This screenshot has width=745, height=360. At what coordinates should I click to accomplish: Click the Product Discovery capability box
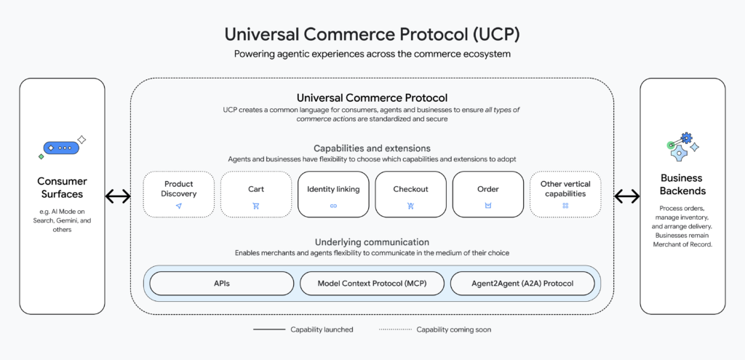pyautogui.click(x=178, y=194)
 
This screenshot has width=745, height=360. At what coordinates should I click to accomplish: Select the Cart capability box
pyautogui.click(x=255, y=194)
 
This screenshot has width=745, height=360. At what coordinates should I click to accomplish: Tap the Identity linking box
pyautogui.click(x=333, y=194)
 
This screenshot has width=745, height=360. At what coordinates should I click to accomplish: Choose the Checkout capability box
pyautogui.click(x=410, y=194)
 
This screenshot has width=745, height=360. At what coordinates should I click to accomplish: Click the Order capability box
pyautogui.click(x=487, y=194)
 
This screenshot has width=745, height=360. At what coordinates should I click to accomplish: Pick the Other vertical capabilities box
pyautogui.click(x=565, y=194)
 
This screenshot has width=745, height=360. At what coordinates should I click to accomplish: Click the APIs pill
pyautogui.click(x=222, y=284)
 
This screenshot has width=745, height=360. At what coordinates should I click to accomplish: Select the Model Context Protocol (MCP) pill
pyautogui.click(x=372, y=284)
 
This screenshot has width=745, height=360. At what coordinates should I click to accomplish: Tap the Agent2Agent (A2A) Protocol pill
pyautogui.click(x=522, y=284)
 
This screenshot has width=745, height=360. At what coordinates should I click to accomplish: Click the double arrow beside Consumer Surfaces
pyautogui.click(x=118, y=196)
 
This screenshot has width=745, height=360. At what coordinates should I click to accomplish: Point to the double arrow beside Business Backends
pyautogui.click(x=627, y=196)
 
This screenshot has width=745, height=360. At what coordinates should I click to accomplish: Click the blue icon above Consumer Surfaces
pyautogui.click(x=62, y=147)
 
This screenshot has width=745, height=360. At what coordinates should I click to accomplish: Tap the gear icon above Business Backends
pyautogui.click(x=682, y=145)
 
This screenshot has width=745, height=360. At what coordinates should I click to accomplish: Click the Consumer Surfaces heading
pyautogui.click(x=62, y=188)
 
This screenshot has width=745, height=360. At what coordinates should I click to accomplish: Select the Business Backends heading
pyautogui.click(x=682, y=184)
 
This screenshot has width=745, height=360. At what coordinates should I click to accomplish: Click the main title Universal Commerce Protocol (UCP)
pyautogui.click(x=372, y=34)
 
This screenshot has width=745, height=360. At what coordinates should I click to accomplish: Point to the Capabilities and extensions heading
pyautogui.click(x=372, y=148)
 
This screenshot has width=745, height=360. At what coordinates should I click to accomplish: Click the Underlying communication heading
pyautogui.click(x=372, y=241)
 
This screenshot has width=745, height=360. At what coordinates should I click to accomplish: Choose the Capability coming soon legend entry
pyautogui.click(x=434, y=329)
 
